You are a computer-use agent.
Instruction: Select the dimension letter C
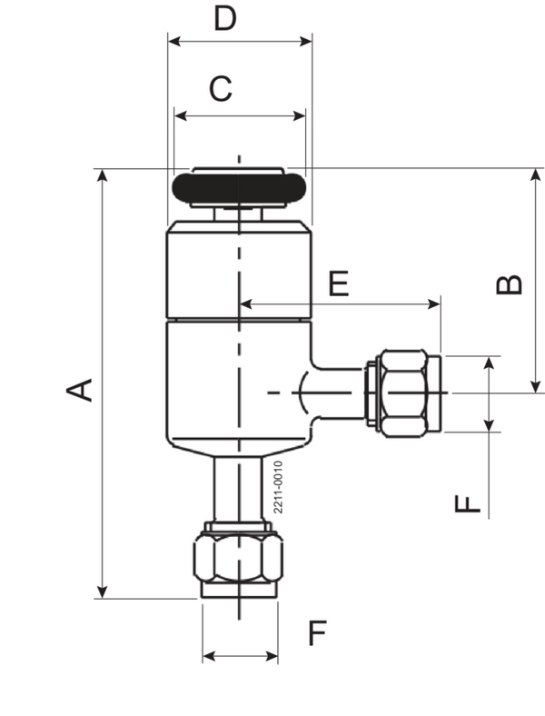click(x=221, y=89)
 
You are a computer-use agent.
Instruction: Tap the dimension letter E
click(x=339, y=283)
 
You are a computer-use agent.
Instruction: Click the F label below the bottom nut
click(x=315, y=633)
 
